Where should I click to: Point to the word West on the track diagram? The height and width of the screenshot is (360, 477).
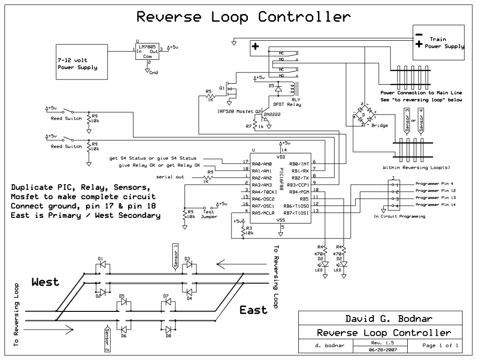pos(45,282)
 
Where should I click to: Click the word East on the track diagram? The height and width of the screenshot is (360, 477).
pos(253,310)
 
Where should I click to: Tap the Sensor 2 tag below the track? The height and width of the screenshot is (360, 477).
pos(107,339)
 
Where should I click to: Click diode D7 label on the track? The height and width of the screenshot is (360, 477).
pos(166,296)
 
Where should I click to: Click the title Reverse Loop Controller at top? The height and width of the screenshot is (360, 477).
pos(243,17)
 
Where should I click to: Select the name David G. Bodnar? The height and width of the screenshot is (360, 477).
pos(389,319)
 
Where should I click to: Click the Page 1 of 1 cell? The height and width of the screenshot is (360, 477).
pos(440,346)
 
